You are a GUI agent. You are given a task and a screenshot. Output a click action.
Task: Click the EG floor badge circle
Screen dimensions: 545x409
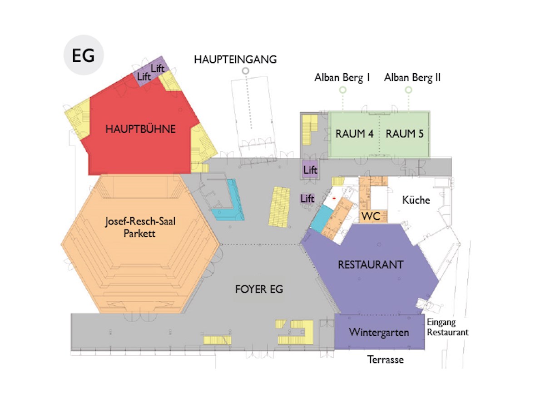[x=84, y=55]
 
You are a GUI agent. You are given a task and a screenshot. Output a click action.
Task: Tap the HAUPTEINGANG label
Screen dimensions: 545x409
[x=235, y=60]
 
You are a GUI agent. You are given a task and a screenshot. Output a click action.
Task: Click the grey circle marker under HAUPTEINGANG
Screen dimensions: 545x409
[x=245, y=71]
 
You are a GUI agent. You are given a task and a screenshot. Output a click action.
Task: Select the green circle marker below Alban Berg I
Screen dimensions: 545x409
[x=342, y=90]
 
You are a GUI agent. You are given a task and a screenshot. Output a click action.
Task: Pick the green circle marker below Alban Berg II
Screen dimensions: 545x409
[x=408, y=90]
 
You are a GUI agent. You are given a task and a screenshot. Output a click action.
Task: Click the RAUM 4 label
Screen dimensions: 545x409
[x=354, y=134]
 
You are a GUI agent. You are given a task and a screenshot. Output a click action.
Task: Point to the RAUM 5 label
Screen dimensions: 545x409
[x=404, y=134]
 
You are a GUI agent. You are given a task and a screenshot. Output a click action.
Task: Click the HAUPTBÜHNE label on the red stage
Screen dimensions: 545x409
[x=140, y=129]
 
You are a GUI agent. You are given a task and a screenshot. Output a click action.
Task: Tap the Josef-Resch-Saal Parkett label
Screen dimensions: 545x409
[x=140, y=227]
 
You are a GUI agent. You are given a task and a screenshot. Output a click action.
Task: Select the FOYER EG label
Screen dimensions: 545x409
[x=259, y=289]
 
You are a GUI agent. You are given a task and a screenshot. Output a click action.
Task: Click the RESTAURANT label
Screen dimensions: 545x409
[x=371, y=265]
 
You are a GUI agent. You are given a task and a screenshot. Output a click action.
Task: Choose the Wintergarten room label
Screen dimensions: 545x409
[x=379, y=333]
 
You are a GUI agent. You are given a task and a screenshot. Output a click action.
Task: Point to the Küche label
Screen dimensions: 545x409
[x=416, y=200]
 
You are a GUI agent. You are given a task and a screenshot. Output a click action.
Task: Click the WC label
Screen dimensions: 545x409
[x=371, y=216]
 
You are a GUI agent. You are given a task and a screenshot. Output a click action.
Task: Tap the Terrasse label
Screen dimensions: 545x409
[x=385, y=359]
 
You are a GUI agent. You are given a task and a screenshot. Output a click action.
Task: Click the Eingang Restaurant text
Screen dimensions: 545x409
[x=447, y=327]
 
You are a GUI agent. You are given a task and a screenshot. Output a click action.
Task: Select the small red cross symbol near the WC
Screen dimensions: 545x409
[x=334, y=198]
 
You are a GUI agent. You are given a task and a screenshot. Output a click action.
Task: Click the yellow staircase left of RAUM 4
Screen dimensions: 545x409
[x=310, y=130]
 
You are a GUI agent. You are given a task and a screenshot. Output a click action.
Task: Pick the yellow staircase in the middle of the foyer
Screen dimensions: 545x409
[x=279, y=207]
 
